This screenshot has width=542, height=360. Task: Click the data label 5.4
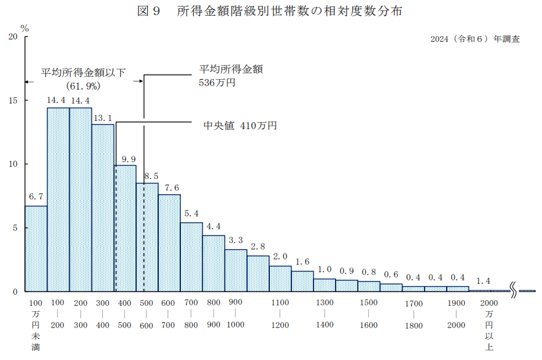tap(191, 214)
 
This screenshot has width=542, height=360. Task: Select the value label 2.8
tap(258, 247)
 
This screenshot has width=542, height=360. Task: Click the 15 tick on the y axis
tap(13, 100)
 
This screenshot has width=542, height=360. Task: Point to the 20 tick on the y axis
tap(13, 37)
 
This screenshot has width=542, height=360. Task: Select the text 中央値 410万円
tap(239, 126)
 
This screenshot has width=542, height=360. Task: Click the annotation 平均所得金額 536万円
tap(231, 76)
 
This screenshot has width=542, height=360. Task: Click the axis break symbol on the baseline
tap(514, 289)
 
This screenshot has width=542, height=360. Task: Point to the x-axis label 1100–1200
tap(280, 313)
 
